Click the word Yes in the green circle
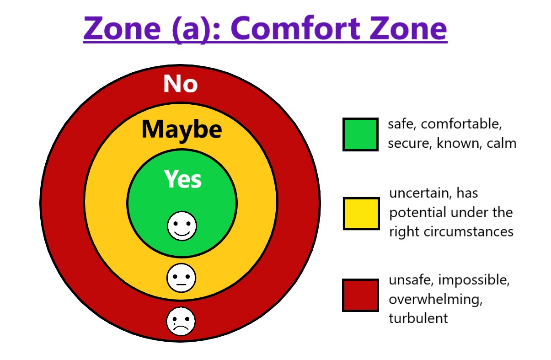(182, 179)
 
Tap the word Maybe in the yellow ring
(182, 129)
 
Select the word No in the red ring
(181, 84)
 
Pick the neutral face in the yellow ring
(181, 278)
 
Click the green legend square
(360, 134)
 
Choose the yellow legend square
(361, 214)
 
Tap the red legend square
(360, 295)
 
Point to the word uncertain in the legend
(418, 193)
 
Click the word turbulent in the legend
(418, 318)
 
